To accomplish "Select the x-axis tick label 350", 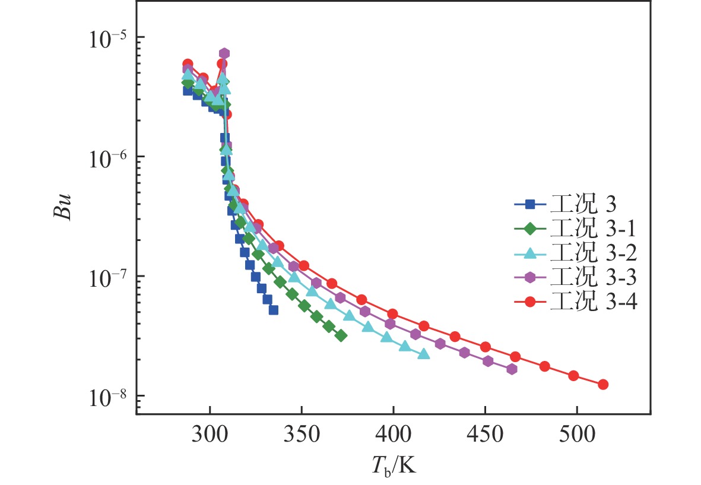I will click(302, 435).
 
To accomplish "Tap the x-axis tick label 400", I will click(393, 435).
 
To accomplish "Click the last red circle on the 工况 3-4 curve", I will click(603, 384).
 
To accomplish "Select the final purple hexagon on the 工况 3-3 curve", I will click(512, 369).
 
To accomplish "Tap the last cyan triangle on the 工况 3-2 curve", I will click(423, 354).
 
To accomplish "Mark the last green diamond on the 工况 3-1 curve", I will click(341, 336).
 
